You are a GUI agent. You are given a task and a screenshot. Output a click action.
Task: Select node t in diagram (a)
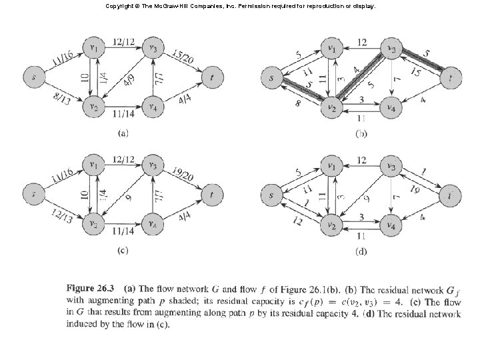point(212,77)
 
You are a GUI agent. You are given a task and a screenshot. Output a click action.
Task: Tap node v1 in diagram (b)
point(329,48)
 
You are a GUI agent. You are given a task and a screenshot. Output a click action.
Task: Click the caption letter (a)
point(123,133)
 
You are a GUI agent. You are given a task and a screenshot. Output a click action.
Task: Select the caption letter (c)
point(123,251)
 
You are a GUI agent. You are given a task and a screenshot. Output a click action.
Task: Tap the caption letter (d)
point(360,251)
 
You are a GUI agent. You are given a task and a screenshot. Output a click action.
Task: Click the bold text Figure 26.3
point(89,289)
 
